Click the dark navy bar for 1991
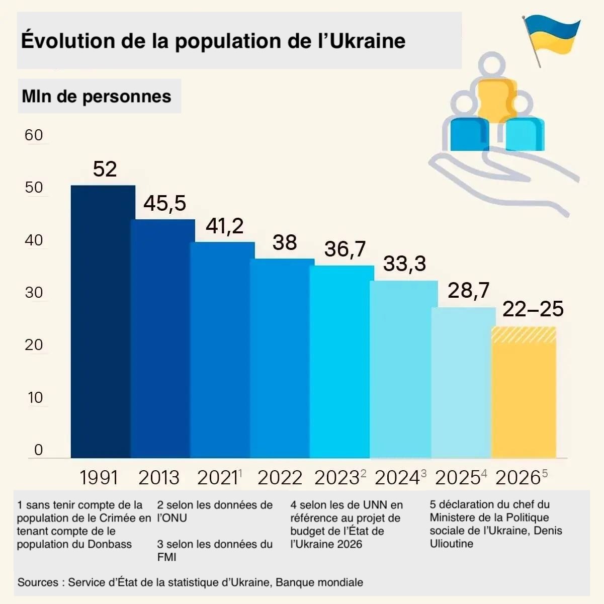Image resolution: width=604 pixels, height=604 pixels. coord(103,321)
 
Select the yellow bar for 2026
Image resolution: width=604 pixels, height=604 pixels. coord(524,392)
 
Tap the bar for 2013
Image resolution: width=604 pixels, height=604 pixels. coord(162,338)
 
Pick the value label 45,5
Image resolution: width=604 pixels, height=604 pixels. coord(164,203)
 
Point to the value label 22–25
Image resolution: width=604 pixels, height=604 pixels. coord(533,309)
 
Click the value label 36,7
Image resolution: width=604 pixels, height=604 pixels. coord(345,249)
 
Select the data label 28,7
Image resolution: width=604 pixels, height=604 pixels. coord(468,291)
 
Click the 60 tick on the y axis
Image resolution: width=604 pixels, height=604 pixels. coord(34,135)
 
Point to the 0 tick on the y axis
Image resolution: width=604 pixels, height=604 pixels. coord(39,450)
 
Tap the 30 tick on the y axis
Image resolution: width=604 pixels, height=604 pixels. coord(34,292)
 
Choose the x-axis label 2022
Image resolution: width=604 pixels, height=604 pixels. coord(280,478)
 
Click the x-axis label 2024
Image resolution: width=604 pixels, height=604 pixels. coord(397,478)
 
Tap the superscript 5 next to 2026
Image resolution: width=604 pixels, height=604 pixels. coord(545,473)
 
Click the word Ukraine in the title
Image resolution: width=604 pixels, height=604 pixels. coord(368,41)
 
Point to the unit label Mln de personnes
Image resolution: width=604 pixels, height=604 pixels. coord(97,96)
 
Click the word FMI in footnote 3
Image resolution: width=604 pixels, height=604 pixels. coord(166,557)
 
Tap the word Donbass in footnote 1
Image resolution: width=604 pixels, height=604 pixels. coord(110,544)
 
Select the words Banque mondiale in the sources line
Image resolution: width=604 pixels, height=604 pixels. coord(319,582)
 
